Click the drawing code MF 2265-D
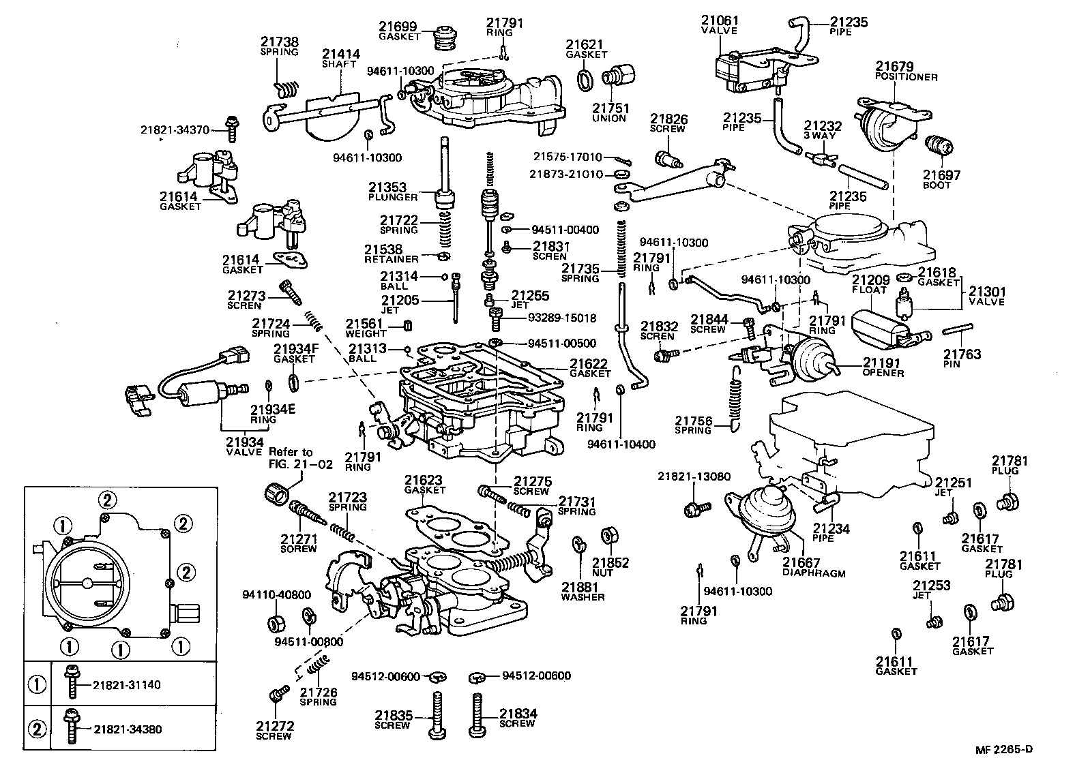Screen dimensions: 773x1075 (x=1003, y=749)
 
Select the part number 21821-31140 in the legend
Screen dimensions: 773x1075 (x=127, y=684)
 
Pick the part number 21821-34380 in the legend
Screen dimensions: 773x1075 (x=127, y=729)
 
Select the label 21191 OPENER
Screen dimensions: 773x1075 (x=883, y=367)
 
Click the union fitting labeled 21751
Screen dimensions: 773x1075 (x=616, y=74)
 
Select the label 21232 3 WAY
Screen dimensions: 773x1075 (x=822, y=130)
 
